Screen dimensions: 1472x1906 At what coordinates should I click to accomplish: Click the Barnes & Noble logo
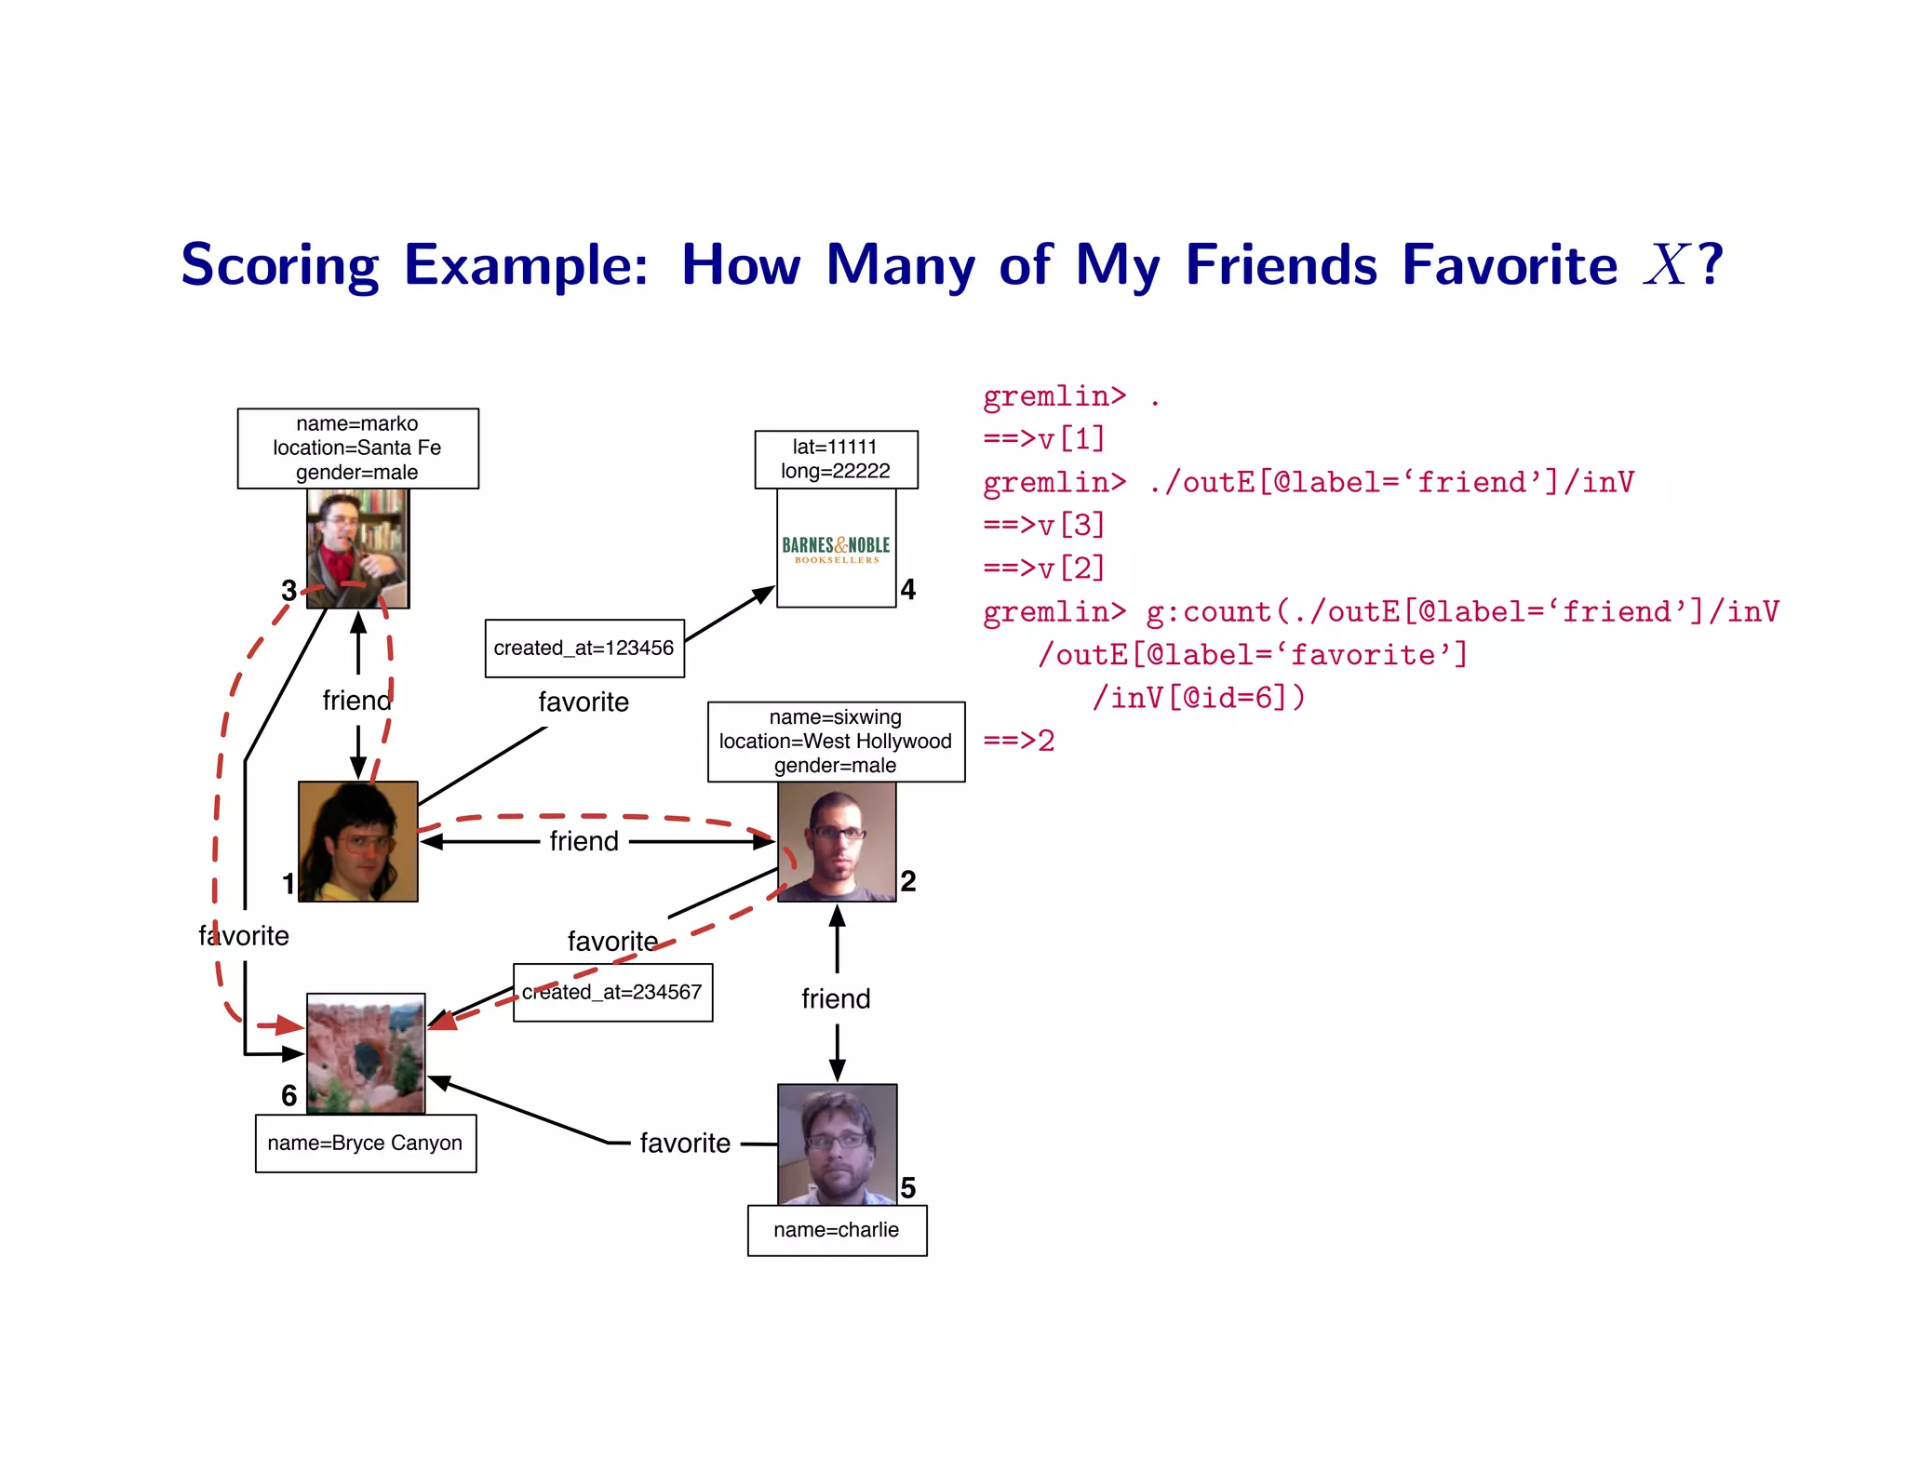click(x=836, y=548)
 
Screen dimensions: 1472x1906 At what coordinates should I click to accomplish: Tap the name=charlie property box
click(x=837, y=1230)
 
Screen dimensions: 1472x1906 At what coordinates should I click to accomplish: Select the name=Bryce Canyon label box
click(x=365, y=1143)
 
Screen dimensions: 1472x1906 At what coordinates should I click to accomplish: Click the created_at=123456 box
click(x=584, y=648)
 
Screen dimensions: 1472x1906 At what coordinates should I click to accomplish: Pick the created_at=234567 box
click(x=612, y=992)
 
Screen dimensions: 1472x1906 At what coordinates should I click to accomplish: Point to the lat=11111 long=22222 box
click(x=835, y=459)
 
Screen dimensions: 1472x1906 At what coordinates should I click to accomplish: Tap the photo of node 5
click(x=837, y=1144)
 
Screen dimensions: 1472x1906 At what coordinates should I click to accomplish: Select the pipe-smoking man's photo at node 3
click(x=357, y=548)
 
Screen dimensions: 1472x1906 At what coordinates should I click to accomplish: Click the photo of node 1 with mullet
click(x=357, y=841)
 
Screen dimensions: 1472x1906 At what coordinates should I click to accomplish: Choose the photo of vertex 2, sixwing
click(x=836, y=841)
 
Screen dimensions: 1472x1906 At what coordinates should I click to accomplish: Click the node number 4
click(x=907, y=589)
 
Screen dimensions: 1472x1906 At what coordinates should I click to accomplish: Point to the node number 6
click(x=289, y=1095)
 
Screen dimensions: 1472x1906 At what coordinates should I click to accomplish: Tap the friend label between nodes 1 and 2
click(x=584, y=841)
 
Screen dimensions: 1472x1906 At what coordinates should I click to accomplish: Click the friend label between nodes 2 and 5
click(x=836, y=998)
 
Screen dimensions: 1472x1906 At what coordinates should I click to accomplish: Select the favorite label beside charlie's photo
click(x=685, y=1143)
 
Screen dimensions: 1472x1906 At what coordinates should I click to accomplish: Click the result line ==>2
click(x=1018, y=741)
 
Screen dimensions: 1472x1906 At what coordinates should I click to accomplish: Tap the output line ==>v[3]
click(x=1043, y=525)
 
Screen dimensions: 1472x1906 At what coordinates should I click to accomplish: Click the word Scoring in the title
click(x=279, y=265)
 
